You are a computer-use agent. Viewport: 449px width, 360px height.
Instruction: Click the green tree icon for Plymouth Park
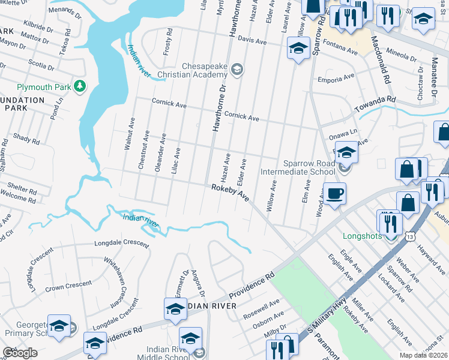click(79, 87)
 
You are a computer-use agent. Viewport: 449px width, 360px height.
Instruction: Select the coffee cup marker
click(335, 194)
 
